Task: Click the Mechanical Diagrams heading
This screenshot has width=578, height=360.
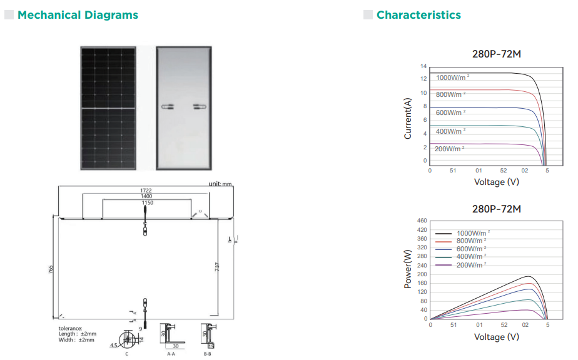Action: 78,15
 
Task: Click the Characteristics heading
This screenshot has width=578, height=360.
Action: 418,15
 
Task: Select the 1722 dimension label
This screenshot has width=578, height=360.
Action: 146,189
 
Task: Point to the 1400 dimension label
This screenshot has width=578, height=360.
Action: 146,196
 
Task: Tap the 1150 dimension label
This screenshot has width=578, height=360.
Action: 146,203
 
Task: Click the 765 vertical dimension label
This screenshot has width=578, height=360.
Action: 51,269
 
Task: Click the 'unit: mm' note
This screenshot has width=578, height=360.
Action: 220,184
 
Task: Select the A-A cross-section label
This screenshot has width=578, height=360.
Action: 171,354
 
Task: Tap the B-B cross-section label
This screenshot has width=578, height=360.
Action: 208,354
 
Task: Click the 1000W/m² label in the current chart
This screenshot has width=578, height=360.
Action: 452,78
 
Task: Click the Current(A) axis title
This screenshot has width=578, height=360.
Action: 408,118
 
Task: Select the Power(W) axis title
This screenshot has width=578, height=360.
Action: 408,269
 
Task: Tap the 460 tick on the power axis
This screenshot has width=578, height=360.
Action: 422,221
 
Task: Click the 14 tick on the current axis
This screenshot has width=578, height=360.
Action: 423,66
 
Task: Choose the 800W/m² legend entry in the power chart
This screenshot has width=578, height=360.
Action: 470,241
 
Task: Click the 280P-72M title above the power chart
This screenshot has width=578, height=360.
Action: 496,209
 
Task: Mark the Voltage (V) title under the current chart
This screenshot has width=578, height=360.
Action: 496,182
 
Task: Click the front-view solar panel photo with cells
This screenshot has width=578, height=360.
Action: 108,107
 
